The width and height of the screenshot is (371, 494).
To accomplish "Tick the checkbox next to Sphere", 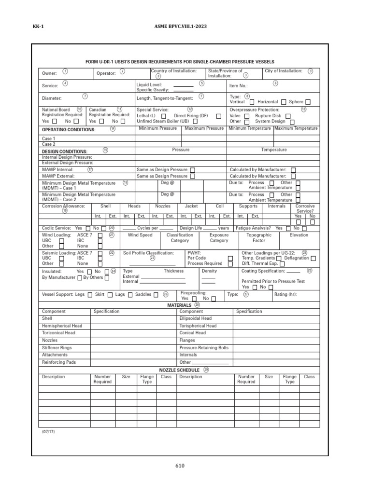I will pyautogui.click(x=308, y=102).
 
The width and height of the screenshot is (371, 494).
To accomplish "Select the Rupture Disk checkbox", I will pyautogui.click(x=288, y=116).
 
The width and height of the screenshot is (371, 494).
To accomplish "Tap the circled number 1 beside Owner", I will pyautogui.click(x=65, y=71).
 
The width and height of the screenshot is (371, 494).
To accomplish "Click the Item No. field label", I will pyautogui.click(x=238, y=85).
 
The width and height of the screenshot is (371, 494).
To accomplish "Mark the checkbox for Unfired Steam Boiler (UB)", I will pyautogui.click(x=195, y=122).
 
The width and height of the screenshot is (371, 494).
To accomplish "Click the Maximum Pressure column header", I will pyautogui.click(x=204, y=128).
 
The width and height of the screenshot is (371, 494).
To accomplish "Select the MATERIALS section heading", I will pyautogui.click(x=179, y=305).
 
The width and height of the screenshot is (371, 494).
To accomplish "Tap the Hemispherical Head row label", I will pyautogui.click(x=62, y=326).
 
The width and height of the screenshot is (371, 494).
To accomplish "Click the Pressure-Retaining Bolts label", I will pyautogui.click(x=204, y=348).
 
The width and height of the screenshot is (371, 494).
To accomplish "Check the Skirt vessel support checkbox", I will pyautogui.click(x=110, y=295).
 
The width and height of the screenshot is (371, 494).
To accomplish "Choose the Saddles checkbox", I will pyautogui.click(x=156, y=295).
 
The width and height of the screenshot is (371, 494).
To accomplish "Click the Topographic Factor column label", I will pyautogui.click(x=259, y=238).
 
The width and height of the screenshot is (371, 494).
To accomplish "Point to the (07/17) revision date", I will pyautogui.click(x=48, y=432).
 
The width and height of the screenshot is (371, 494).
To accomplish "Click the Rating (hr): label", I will pyautogui.click(x=285, y=294).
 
